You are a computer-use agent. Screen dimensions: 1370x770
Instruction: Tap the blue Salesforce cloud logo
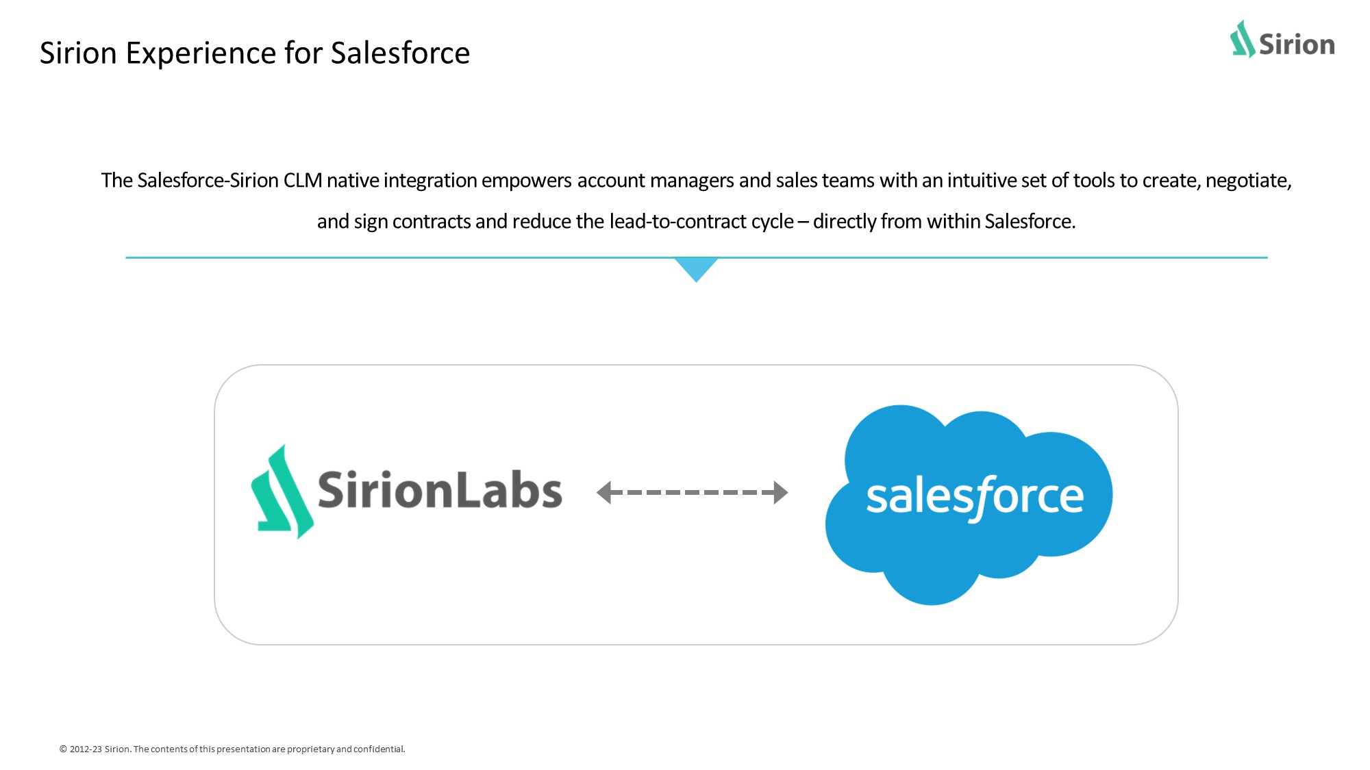click(969, 505)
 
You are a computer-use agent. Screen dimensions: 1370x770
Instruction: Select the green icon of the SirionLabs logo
click(282, 492)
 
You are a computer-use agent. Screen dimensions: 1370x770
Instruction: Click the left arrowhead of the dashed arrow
click(603, 492)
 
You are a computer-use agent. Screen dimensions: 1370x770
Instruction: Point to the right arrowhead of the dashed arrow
click(781, 492)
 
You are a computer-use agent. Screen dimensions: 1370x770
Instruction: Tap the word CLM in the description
click(302, 181)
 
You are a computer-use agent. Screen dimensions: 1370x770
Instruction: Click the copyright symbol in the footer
click(63, 749)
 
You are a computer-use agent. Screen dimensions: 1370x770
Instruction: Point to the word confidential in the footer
click(379, 749)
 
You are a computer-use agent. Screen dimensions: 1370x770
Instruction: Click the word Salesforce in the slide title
click(400, 53)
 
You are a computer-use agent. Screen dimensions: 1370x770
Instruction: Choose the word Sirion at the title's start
click(78, 53)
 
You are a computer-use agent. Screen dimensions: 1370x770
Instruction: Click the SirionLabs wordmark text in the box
click(440, 490)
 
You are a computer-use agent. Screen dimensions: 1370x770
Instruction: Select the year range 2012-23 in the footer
click(86, 749)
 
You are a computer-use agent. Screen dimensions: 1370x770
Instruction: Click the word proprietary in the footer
click(311, 749)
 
